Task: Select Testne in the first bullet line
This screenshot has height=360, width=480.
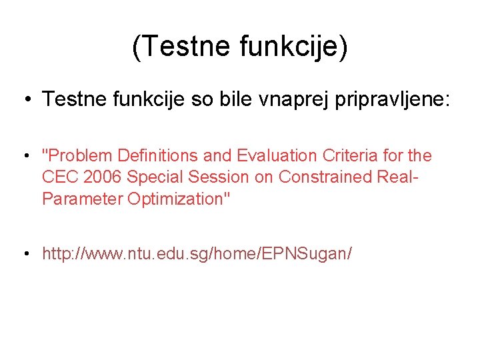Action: pos(74,100)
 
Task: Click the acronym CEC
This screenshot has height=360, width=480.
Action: pos(59,177)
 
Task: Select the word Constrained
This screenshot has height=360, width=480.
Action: pos(321,177)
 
